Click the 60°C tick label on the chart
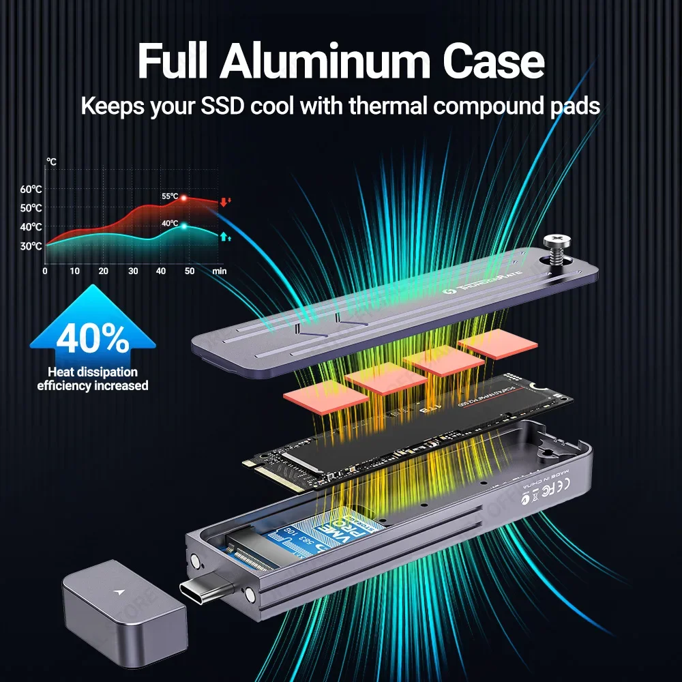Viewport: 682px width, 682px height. tap(31, 189)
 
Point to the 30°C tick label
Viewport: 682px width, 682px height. tap(31, 246)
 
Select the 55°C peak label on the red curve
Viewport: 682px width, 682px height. tap(169, 196)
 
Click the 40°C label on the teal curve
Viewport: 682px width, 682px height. tap(170, 224)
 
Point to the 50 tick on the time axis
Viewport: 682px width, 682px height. tap(189, 271)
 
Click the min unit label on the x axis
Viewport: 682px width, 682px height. tap(219, 271)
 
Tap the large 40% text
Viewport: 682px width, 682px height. tap(93, 340)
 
